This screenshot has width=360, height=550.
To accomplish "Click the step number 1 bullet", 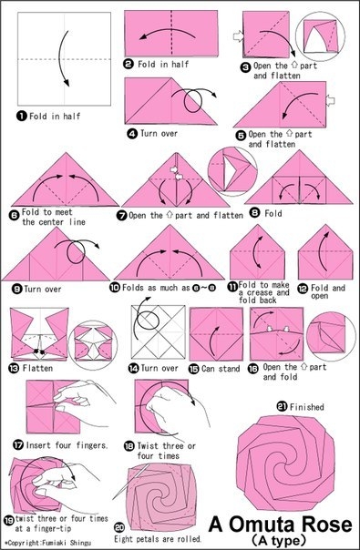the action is pos(22,116).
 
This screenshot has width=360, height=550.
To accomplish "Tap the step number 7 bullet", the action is pos(122,216).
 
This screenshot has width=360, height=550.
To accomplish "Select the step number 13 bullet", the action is pos(15,368).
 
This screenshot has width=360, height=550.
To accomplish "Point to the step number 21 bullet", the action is pos(282,406).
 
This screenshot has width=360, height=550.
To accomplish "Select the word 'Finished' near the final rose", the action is pos(306,407).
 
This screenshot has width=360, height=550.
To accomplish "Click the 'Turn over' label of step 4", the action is pos(159,133).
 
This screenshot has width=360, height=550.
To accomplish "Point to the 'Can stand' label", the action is pos(221,369).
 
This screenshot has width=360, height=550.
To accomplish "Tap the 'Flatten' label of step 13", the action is pos(37,368).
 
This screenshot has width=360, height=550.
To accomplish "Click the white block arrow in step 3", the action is pos(238,36).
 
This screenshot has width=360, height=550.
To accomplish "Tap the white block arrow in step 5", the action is pos(330,101).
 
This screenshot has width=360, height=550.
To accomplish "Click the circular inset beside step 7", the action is pos(232,171).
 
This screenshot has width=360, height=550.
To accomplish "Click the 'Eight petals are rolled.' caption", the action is pos(158,538).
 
